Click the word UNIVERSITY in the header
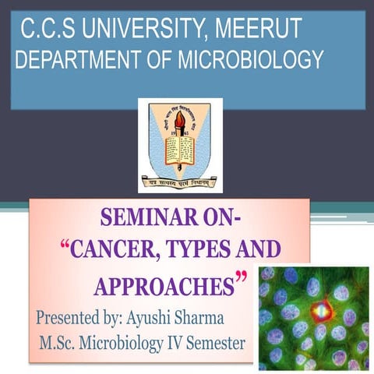136,30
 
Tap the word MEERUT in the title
256,30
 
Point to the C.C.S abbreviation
46,30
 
